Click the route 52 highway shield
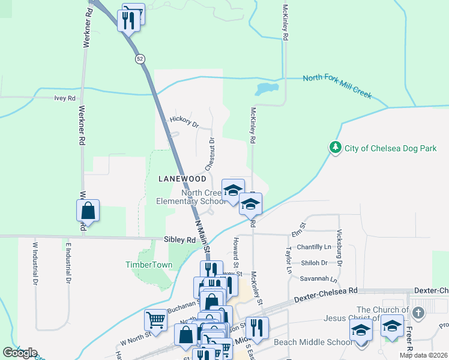(140, 58)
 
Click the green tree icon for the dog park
(335, 147)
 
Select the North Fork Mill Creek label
(337, 86)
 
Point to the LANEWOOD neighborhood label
(182, 179)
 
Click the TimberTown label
(149, 265)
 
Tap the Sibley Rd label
(180, 239)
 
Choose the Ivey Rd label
(65, 98)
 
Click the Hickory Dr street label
(184, 122)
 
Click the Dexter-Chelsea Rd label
(325, 295)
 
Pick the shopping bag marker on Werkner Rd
(88, 211)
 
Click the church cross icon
(418, 313)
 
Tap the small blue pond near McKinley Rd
(266, 89)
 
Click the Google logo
(20, 353)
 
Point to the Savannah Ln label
(319, 280)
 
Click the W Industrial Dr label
(35, 263)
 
